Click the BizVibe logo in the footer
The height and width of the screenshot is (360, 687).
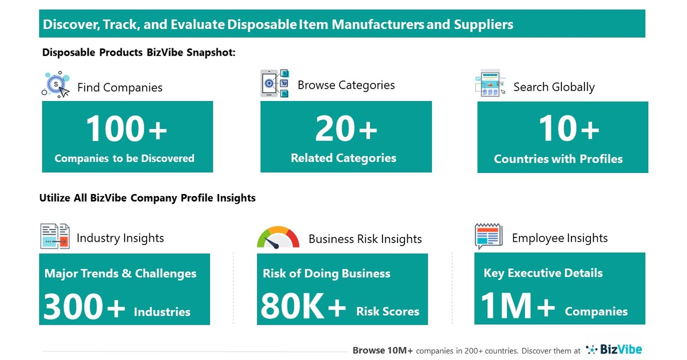[614, 350]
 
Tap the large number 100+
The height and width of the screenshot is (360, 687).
[126, 129]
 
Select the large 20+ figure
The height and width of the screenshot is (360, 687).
[346, 129]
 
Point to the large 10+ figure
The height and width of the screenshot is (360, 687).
[569, 129]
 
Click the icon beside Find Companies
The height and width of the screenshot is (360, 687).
[56, 85]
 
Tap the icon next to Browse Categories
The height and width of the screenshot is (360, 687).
[274, 83]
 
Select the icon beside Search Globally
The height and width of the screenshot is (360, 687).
[490, 83]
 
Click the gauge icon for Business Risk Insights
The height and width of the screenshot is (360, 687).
[278, 237]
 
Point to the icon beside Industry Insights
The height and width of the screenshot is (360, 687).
[55, 236]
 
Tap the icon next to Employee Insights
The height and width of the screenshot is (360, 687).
[488, 236]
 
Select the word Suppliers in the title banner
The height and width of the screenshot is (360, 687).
[483, 24]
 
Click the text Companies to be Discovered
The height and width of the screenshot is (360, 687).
[125, 159]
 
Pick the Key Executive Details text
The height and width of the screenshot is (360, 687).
[543, 273]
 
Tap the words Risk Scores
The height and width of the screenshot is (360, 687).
[387, 312]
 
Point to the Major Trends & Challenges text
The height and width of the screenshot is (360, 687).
[120, 273]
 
